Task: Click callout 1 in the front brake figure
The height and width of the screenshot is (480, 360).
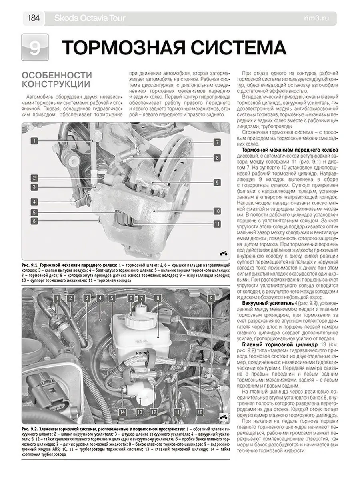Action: [35, 141]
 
